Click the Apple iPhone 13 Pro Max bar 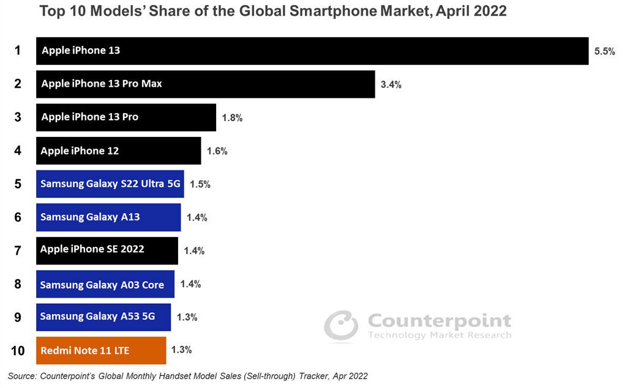point(205,84)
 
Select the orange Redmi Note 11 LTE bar point(101,350)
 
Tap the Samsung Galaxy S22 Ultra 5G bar point(110,184)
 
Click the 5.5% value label point(604,52)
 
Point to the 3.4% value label point(391,85)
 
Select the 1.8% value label point(232,118)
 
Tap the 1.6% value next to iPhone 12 point(217,151)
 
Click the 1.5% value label point(200,184)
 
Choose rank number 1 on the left point(18,51)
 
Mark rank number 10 point(18,351)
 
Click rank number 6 point(18,217)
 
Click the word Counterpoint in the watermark point(439,321)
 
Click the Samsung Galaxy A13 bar point(108,217)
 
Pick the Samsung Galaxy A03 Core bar point(105,284)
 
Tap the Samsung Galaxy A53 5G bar point(103,317)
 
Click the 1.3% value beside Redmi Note point(182,350)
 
